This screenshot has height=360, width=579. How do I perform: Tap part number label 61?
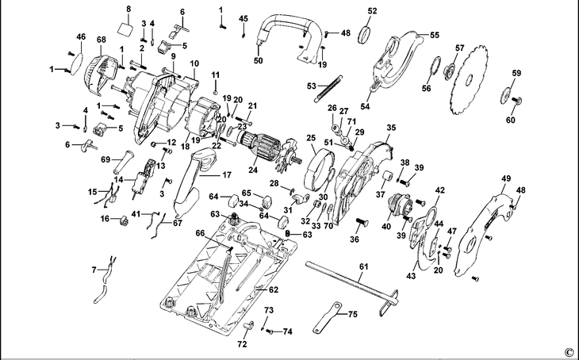pyautogui.click(x=364, y=266)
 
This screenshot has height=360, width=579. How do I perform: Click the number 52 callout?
pyautogui.click(x=372, y=11)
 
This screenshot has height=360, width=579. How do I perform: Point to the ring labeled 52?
pyautogui.click(x=364, y=35)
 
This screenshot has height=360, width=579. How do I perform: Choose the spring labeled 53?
pyautogui.click(x=329, y=89)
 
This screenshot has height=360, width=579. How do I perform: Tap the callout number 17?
pyautogui.click(x=227, y=174)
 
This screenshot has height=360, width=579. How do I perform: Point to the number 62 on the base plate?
pyautogui.click(x=274, y=290)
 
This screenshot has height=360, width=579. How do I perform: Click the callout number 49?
pyautogui.click(x=506, y=178)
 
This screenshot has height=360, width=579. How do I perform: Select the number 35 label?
pyautogui.click(x=391, y=128)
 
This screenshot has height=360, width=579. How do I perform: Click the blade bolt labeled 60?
pyautogui.click(x=516, y=100)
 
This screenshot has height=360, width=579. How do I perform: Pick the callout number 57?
pyautogui.click(x=459, y=48)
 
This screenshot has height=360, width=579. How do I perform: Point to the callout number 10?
pyautogui.click(x=194, y=63)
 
